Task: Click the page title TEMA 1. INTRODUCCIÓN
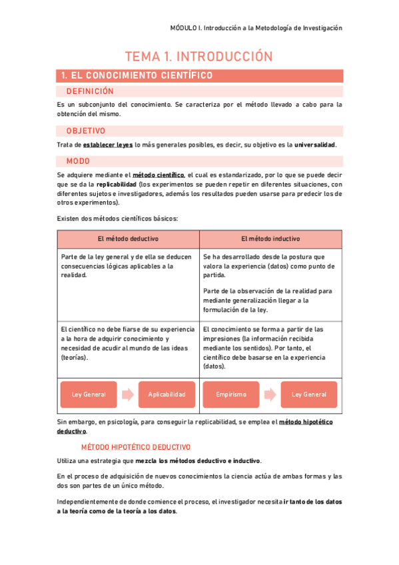tap(199, 57)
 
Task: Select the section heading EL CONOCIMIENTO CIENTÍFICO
tap(137, 76)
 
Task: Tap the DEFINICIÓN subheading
tap(90, 91)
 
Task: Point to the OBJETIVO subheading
tap(86, 131)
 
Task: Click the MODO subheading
tap(78, 161)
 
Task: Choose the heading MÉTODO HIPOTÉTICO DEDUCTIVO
tap(135, 447)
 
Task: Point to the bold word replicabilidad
tap(117, 184)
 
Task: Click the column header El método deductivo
tap(128, 239)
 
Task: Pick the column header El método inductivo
tap(270, 239)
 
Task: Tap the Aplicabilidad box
tap(167, 394)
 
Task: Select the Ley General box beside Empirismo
tap(309, 394)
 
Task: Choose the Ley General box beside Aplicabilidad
tap(89, 394)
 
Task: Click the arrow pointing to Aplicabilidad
tap(128, 394)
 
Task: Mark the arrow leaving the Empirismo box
tap(270, 394)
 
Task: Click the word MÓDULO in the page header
tap(184, 28)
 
